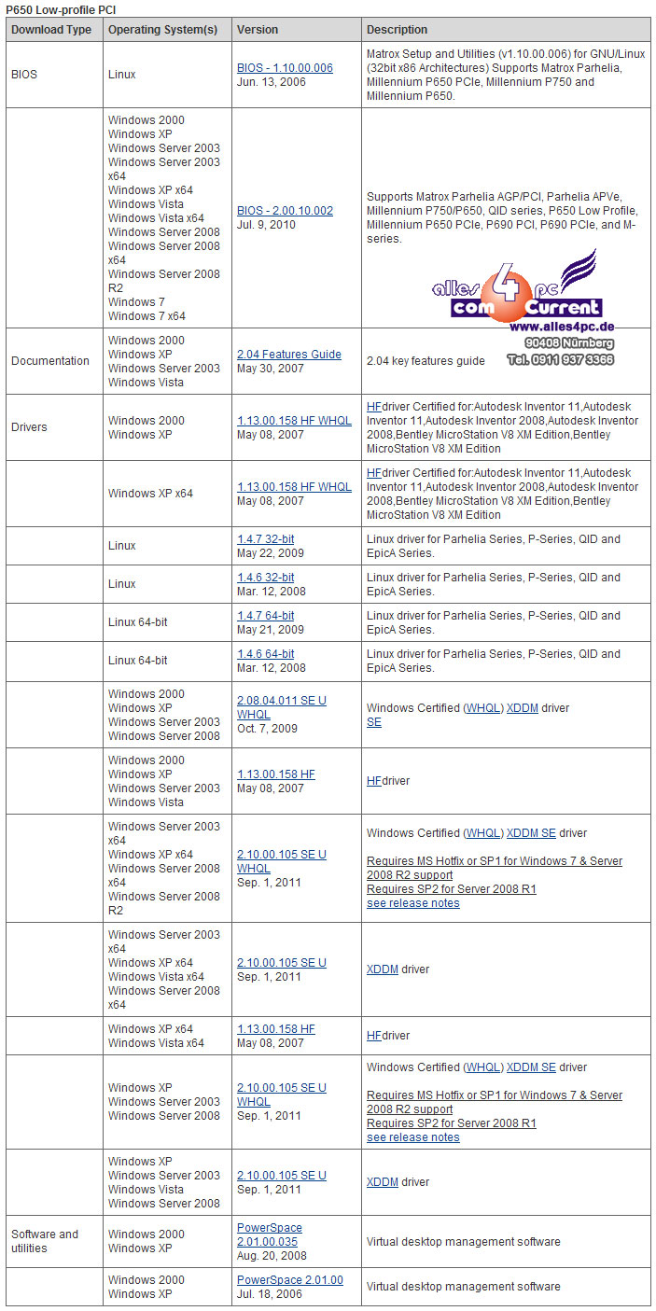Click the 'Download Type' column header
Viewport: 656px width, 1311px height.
(x=51, y=30)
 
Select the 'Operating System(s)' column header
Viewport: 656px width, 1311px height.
(x=162, y=30)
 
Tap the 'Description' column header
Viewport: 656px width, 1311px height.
(x=397, y=30)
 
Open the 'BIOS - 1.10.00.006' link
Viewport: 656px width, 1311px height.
(x=285, y=68)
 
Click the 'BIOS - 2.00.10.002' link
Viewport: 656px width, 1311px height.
(x=285, y=211)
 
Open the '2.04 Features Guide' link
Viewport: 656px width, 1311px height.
(x=289, y=355)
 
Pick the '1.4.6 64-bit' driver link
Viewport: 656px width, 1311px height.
(x=265, y=654)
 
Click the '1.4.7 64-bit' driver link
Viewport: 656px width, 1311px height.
(x=265, y=616)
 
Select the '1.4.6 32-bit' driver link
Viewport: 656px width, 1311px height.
(x=265, y=578)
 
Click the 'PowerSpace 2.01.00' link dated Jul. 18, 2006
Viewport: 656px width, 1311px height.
(x=289, y=1280)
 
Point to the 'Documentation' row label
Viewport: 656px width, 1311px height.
(x=50, y=361)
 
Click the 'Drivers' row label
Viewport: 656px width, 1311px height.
(x=29, y=427)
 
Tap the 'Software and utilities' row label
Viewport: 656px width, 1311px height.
(x=45, y=1241)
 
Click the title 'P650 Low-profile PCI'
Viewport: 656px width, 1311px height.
(x=62, y=8)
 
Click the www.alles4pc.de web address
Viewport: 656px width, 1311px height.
(x=561, y=328)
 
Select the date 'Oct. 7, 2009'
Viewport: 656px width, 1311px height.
(x=267, y=729)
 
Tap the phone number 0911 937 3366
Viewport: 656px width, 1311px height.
(x=573, y=359)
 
